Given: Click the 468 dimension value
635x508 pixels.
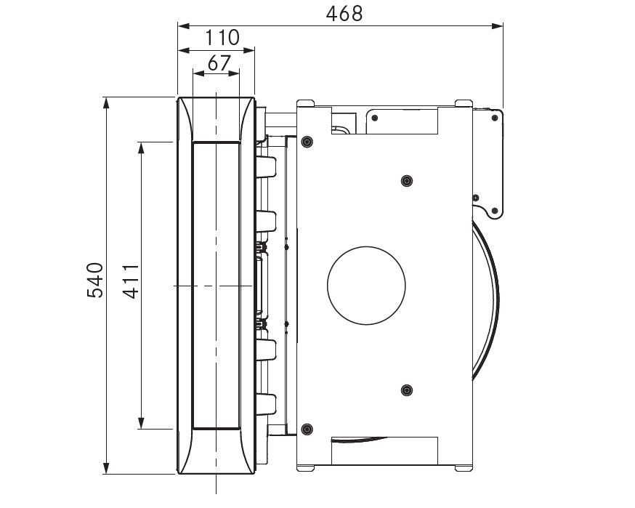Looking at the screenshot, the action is pos(344,14).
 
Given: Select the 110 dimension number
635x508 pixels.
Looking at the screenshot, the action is pos(222,38).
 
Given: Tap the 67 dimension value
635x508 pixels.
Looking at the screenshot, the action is pos(219,63).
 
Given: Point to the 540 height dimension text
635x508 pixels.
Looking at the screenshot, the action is pos(96,281).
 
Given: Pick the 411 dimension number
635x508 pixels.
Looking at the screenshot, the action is pos(132,281).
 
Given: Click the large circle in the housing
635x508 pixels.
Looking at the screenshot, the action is pos(366,286).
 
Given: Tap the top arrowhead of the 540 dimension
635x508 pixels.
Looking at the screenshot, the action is pos(106,103).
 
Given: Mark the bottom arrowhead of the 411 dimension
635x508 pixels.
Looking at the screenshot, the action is pos(141,423).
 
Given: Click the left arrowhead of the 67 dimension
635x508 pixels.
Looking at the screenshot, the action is pos(199,73).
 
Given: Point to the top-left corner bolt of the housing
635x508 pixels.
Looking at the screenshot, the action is pos(307,142).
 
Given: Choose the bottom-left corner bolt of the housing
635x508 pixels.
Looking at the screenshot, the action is pos(307,429).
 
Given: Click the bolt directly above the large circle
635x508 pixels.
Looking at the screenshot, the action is pos(407,181).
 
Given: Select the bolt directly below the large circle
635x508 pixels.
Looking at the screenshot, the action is pos(407,390).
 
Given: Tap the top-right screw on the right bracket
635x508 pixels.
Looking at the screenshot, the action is pos(495,118).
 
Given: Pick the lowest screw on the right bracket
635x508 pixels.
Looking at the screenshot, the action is pos(494,211).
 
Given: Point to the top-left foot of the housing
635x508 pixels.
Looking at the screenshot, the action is pos(305,103).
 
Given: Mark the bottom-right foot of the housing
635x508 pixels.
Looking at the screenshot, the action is pos(464,468).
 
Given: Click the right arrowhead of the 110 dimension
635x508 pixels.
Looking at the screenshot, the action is pos(249,50).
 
